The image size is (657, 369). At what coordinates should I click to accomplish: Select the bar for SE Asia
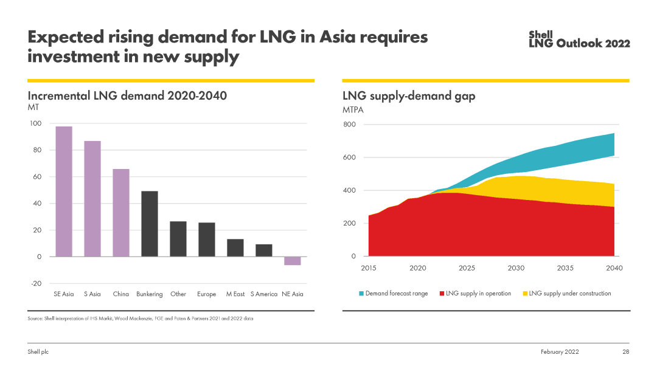click(64, 191)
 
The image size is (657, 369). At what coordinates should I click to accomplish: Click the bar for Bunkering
click(150, 224)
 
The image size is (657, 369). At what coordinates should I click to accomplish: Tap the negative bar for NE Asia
click(293, 261)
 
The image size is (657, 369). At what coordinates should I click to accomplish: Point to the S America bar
click(264, 250)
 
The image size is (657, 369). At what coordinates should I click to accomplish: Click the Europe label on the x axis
click(207, 294)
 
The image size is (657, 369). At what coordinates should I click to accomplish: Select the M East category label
click(235, 294)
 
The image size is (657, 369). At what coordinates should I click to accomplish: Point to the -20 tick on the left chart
click(36, 283)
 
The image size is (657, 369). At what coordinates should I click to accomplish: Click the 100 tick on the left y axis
click(35, 123)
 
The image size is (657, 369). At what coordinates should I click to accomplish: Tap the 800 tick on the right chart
click(349, 125)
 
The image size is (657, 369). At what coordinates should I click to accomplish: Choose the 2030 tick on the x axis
click(516, 268)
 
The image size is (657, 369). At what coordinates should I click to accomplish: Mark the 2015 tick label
click(369, 268)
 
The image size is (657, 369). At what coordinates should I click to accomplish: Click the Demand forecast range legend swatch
click(361, 294)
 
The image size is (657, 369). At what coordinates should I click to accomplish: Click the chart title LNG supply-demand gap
click(409, 96)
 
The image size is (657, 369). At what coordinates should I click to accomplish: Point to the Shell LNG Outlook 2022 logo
click(579, 40)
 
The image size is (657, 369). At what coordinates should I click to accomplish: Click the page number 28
click(625, 352)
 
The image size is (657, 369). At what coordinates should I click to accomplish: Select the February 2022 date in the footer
click(560, 352)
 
